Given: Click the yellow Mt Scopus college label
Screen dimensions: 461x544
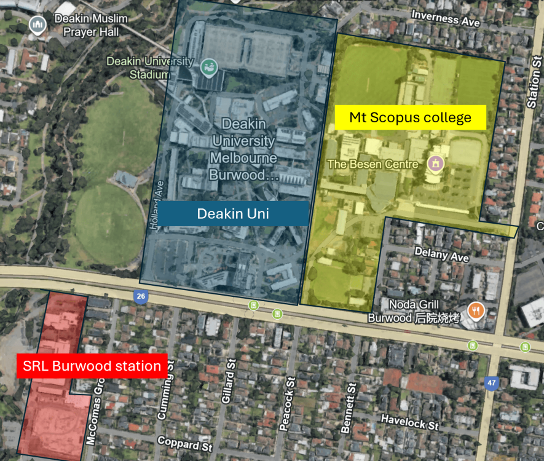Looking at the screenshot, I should (x=410, y=117).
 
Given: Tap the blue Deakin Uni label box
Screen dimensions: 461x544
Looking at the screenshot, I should (x=233, y=213).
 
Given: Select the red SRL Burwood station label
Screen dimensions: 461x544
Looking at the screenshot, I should (x=92, y=366).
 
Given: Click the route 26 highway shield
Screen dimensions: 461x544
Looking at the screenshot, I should (x=141, y=297).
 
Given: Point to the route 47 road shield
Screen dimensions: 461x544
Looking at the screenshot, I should (x=491, y=382).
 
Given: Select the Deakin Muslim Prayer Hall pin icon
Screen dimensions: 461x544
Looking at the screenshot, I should (x=38, y=25).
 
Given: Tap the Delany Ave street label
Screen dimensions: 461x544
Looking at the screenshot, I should (x=441, y=253).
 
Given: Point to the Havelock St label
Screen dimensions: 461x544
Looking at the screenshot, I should (x=409, y=422).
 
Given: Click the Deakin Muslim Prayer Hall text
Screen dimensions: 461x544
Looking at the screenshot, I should (x=91, y=24).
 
